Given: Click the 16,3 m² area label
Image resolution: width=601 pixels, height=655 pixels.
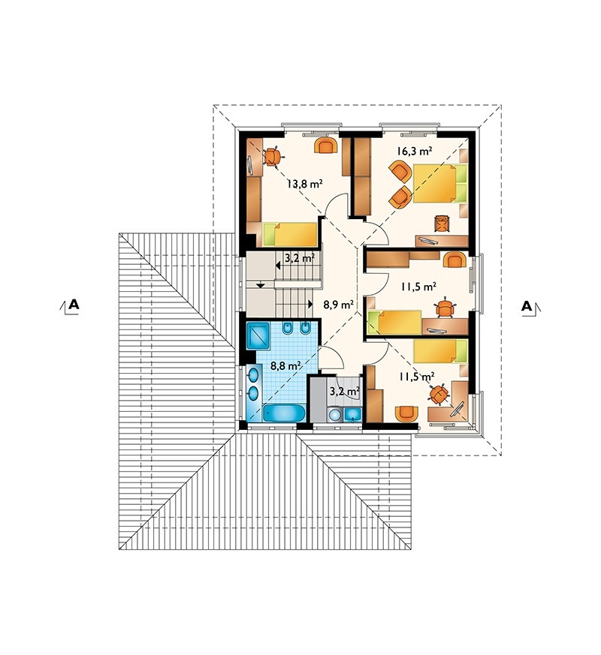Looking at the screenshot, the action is coord(414,151).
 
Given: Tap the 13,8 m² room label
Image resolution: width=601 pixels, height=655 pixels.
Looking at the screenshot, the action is coord(305,183).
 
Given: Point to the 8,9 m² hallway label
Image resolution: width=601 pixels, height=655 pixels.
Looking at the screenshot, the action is coord(338,304).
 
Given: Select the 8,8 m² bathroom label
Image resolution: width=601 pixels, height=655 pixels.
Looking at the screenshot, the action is coord(286,366).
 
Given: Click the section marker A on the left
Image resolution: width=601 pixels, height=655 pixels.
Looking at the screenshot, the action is coord(70,305).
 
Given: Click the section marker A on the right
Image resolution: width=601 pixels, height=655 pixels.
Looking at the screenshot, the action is coord(530,306).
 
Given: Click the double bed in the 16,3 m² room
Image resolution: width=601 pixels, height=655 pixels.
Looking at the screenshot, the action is coord(439,183).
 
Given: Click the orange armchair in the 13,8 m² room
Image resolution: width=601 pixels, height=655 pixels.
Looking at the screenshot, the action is coord(326,146).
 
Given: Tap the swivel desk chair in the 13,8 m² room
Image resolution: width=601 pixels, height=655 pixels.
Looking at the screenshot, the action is coord(272,157).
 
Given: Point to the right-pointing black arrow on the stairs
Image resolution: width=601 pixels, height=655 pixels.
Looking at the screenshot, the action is coord(310,304).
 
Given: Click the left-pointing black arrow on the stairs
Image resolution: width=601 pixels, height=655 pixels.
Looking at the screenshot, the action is coord(278,265).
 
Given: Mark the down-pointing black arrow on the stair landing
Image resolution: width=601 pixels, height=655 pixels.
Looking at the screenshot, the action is coord(260,285).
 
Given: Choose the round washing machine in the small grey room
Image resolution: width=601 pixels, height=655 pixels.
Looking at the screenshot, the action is coord(334,415).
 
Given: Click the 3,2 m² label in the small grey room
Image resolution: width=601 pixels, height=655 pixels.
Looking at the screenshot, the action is coord(345,391).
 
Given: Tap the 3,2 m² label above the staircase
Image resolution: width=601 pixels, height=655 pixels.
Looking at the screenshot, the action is coord(300,257).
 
